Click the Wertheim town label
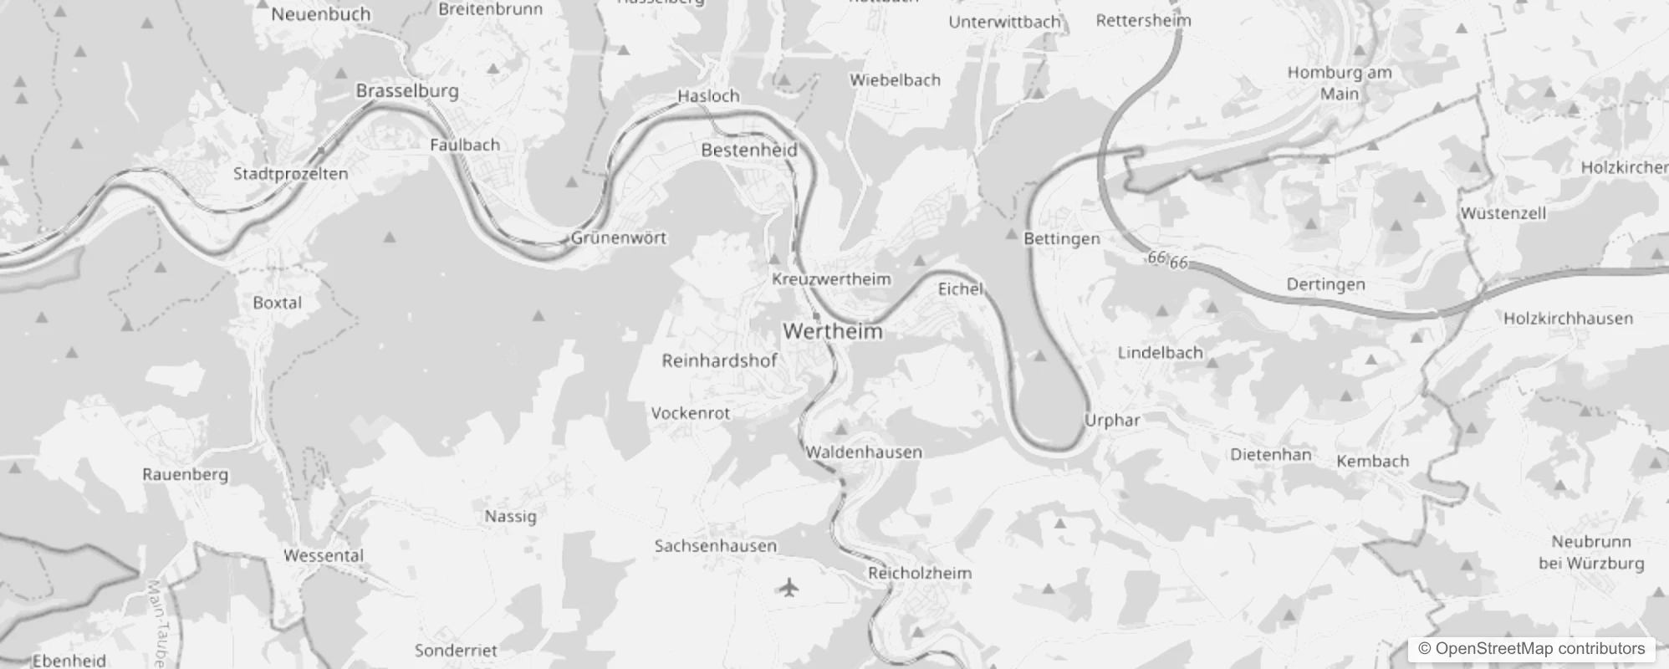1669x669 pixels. pos(833,331)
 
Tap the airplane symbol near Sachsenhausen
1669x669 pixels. pos(788,588)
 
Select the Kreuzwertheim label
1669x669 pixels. pos(831,279)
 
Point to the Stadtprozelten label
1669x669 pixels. pos(290,174)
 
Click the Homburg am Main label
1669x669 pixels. pos(1340,83)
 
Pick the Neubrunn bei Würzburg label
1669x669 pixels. pos(1591,552)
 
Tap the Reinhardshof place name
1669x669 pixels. pos(719,360)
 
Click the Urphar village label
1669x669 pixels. pos(1112,420)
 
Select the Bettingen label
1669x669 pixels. pos(1062,239)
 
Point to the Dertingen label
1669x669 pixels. pos(1325,284)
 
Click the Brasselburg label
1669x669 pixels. pos(407,91)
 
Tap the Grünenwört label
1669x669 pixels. pos(619,237)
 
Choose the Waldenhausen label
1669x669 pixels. pos(864,452)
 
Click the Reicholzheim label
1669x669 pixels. pos(920,573)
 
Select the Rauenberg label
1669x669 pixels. pos(185,474)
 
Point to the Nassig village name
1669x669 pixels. pos(510,516)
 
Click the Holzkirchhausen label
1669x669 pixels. pos(1568,319)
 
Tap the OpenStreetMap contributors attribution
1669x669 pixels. pos(1532,649)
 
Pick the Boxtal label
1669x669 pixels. pos(277,303)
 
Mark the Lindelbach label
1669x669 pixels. pos(1160,353)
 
